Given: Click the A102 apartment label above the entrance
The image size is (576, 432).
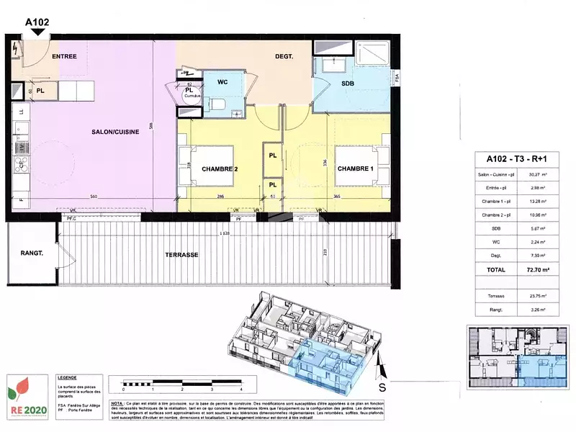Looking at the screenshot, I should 37,22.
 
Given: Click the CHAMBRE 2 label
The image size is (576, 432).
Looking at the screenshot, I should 219,169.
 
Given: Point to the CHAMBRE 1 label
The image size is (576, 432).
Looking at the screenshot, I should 356,169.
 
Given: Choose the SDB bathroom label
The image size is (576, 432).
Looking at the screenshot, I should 337,85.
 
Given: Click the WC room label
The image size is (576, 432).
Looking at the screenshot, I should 223,83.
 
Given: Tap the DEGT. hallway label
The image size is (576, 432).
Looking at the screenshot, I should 284,56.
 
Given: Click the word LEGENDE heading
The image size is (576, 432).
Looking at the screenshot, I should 67,377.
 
